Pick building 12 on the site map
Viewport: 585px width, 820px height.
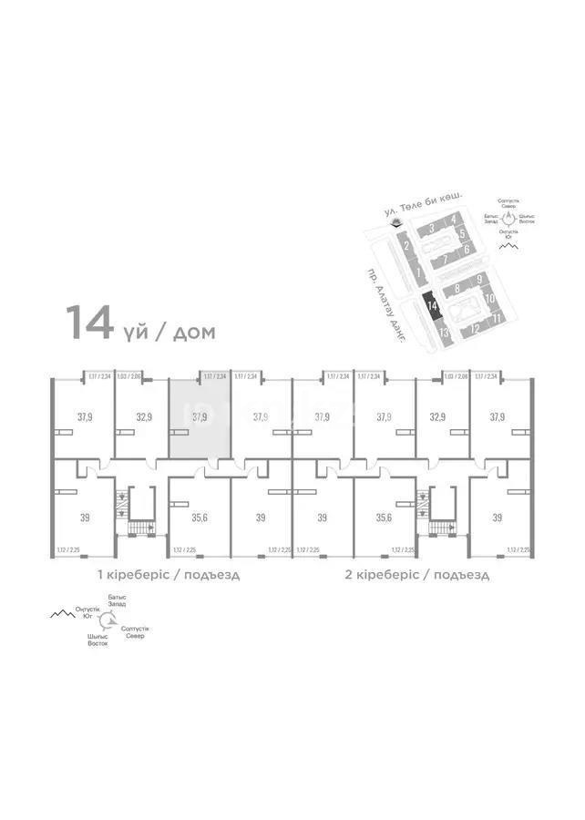pyautogui.click(x=475, y=329)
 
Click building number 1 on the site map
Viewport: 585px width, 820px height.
pyautogui.click(x=416, y=272)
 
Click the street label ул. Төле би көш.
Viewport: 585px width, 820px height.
pyautogui.click(x=425, y=202)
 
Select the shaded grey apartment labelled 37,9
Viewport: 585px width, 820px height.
pyautogui.click(x=200, y=418)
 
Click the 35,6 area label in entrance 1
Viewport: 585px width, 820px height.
pyautogui.click(x=200, y=517)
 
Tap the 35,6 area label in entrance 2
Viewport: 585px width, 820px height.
pyautogui.click(x=384, y=517)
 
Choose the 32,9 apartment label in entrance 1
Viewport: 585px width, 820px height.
pyautogui.click(x=144, y=418)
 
